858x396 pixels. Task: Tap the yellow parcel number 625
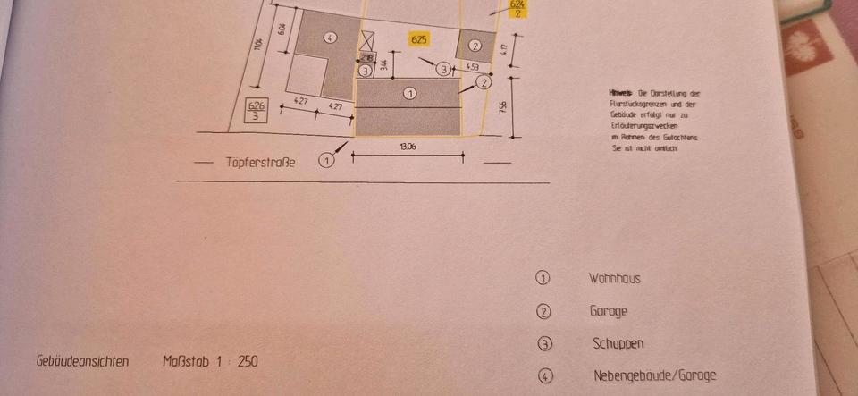point(418,39)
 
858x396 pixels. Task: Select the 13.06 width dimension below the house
point(407,146)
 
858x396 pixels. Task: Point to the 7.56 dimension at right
point(502,107)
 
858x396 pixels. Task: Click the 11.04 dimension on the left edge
point(257,40)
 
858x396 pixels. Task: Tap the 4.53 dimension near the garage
point(474,67)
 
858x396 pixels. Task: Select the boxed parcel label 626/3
point(256,111)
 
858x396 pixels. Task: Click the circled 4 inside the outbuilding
point(330,38)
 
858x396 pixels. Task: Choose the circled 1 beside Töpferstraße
point(326,161)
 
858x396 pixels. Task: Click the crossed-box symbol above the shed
point(367,40)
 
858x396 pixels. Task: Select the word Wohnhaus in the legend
point(614,278)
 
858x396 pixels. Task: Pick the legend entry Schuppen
point(618,343)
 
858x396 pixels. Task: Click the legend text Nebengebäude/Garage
point(654,376)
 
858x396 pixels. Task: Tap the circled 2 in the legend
point(543,311)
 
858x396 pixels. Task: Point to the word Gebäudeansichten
point(82,362)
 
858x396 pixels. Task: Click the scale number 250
point(248,362)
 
